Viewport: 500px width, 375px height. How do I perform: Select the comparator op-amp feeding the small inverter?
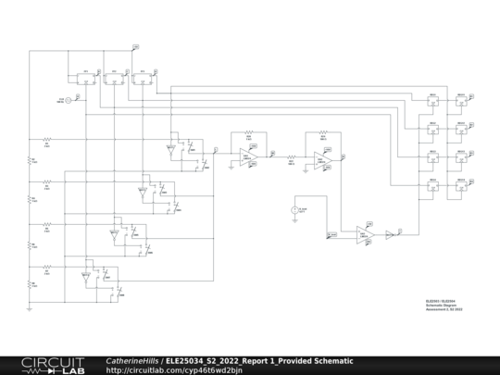[x=365, y=234]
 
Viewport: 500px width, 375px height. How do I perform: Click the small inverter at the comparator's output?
[x=390, y=234]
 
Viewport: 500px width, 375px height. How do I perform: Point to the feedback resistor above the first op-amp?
[x=248, y=136]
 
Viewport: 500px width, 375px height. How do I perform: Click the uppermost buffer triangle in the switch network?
[x=171, y=147]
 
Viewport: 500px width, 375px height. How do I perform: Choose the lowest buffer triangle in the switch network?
[x=85, y=275]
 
